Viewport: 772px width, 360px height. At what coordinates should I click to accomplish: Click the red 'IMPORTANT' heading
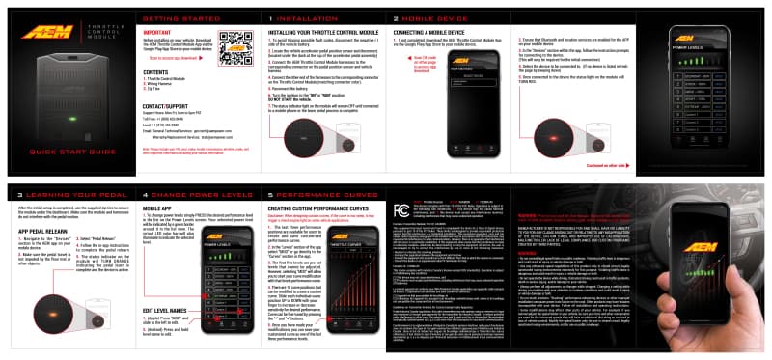157,32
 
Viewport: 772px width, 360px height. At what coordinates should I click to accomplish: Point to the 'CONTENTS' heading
155,72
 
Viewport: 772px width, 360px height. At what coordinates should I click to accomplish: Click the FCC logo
401,208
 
